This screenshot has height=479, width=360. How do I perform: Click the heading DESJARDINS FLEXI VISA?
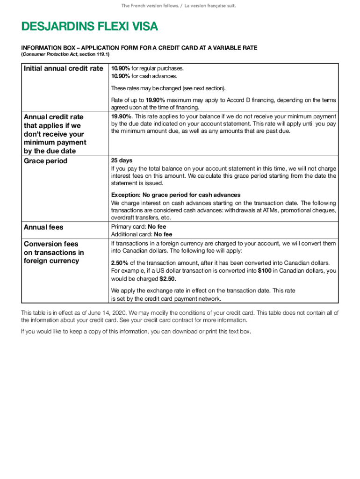coord(89,28)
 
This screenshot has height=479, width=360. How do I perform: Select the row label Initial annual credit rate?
coord(63,69)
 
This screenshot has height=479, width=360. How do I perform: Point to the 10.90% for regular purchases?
coord(120,68)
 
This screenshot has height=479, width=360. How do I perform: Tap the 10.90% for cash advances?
coord(120,76)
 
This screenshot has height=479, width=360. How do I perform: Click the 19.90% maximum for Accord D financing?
coord(155,100)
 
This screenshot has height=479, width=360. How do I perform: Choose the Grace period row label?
coord(45,161)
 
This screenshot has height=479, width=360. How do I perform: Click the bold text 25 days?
coord(122,160)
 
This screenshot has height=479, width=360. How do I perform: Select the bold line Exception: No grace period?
coord(175,195)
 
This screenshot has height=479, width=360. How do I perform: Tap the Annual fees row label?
coord(43,227)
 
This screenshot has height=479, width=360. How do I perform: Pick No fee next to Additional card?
coord(163,234)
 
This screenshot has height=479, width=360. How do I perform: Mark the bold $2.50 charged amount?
coord(168,279)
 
